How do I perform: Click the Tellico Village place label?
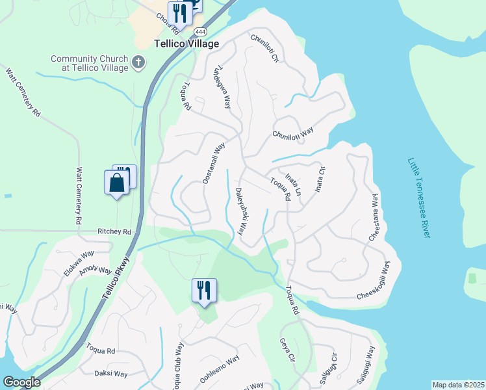(186, 44)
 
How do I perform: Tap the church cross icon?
(138, 63)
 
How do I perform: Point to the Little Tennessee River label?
(420, 198)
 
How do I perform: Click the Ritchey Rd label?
(114, 231)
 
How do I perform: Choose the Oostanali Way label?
(213, 162)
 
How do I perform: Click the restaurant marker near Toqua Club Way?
(204, 291)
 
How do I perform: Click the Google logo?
(21, 382)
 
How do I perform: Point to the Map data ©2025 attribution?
(458, 385)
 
